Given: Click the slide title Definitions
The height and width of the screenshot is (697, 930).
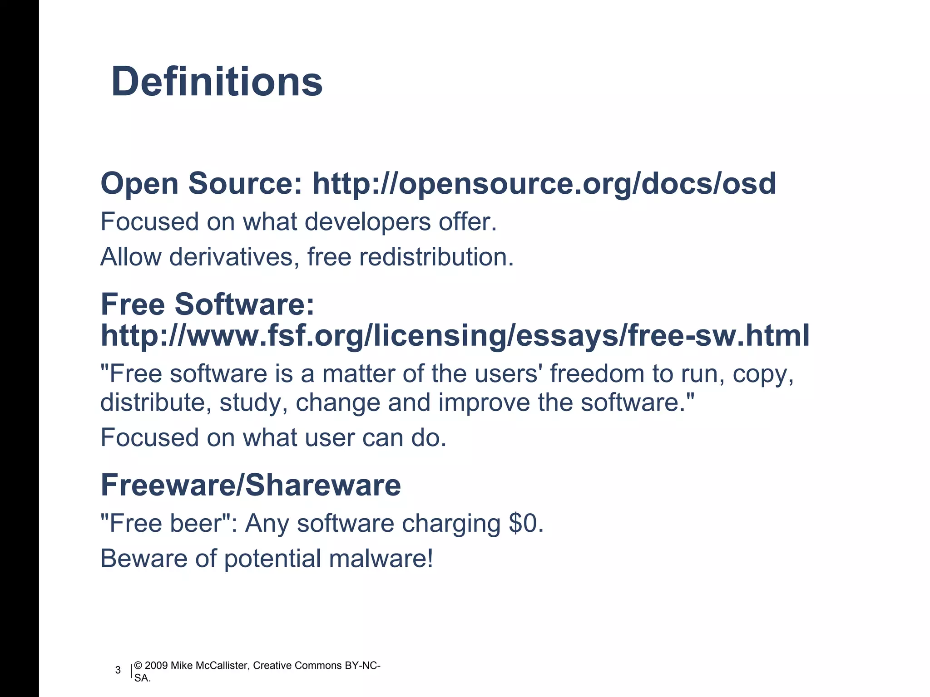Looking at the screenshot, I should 217,82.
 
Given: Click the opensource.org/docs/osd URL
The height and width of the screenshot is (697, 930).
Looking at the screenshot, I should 544,184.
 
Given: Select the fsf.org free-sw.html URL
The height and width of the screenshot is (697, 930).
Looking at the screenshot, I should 455,336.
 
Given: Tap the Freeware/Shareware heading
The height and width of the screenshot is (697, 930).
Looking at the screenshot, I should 251,485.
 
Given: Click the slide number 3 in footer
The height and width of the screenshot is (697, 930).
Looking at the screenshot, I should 118,670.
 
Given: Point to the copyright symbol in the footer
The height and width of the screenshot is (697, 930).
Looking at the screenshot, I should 139,666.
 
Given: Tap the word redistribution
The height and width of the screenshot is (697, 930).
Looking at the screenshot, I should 436,257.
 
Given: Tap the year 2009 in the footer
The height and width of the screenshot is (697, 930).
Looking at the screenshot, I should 156,666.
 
